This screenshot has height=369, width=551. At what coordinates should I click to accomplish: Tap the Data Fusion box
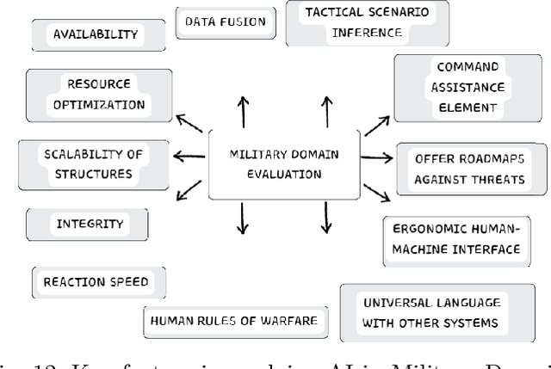coord(226,22)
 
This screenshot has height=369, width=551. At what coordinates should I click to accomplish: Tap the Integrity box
coord(90,224)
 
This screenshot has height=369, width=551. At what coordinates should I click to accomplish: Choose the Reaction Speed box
coord(96,281)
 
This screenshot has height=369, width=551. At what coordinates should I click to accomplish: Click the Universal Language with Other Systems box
coord(430,313)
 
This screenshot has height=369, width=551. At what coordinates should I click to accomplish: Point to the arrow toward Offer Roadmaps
coord(377,157)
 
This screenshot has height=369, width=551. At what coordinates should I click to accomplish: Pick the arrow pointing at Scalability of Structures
coord(189,156)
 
